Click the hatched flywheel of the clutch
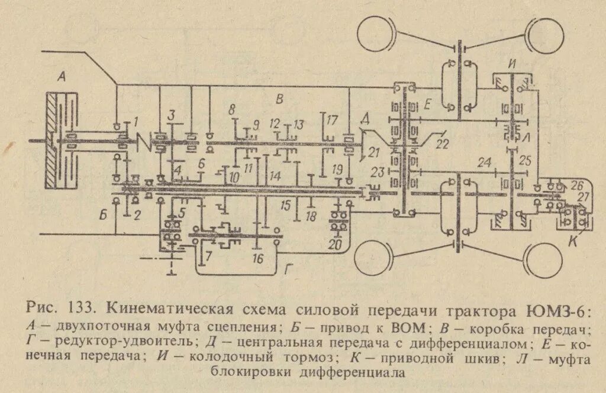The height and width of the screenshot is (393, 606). (53, 141)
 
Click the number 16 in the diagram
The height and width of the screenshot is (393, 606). (257, 258)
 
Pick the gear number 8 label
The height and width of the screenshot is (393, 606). (232, 109)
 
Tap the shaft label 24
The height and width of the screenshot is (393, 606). (485, 161)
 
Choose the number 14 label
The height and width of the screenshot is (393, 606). (275, 176)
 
